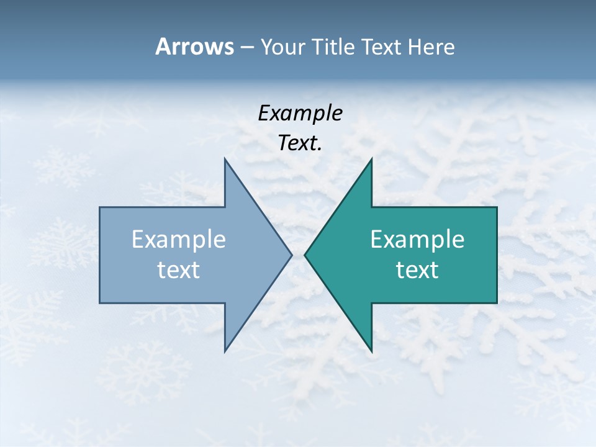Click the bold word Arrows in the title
tap(194, 47)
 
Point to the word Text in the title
tap(382, 47)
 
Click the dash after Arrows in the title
tap(246, 47)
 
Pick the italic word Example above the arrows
tap(300, 113)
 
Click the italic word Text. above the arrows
tap(300, 143)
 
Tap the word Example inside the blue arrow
tap(179, 239)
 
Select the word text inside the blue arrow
tap(179, 269)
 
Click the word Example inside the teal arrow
tap(417, 239)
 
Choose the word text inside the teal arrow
tap(417, 269)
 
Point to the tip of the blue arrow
tap(291, 255)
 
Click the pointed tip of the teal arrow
tap(305, 255)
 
